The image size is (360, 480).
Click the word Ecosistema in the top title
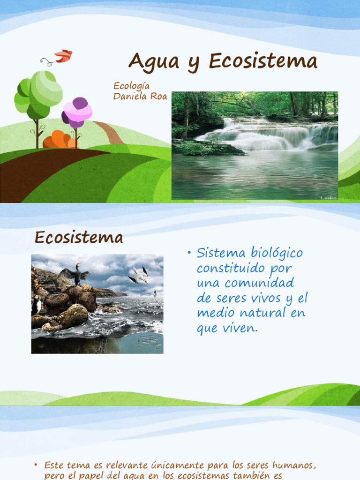[x=263, y=61]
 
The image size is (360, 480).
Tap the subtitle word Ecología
[x=132, y=86]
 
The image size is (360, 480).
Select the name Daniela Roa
[x=140, y=96]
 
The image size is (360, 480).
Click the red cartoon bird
[x=63, y=56]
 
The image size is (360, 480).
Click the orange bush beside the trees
[x=58, y=140]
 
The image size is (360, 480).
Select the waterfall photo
[x=255, y=145]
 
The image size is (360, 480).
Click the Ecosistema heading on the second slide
[x=79, y=238]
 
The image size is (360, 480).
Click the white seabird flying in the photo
[x=140, y=275]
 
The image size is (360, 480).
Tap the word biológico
[x=276, y=254]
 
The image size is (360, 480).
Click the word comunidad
[x=272, y=283]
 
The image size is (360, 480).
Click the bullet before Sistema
[x=189, y=254]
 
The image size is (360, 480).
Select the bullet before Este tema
[x=36, y=465]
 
